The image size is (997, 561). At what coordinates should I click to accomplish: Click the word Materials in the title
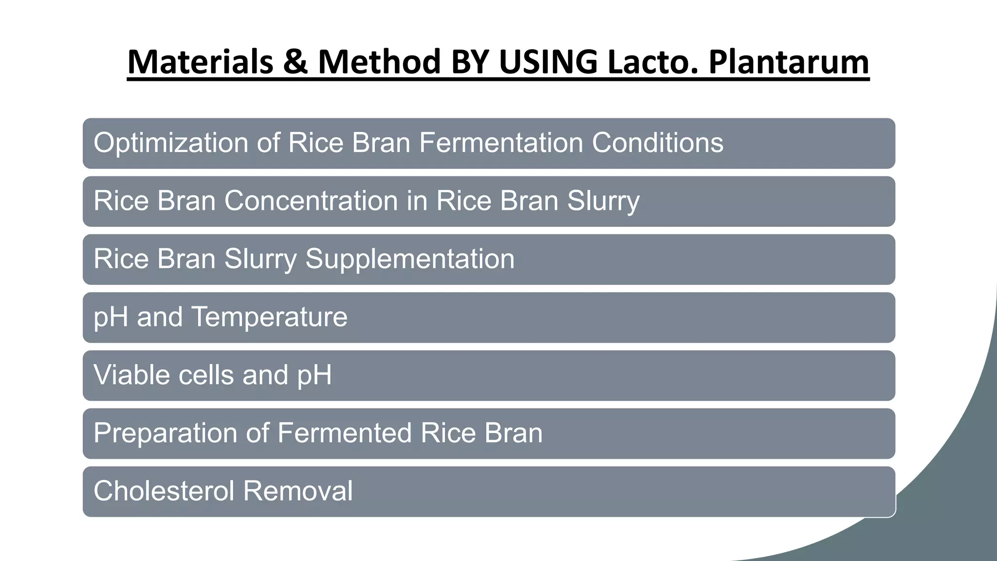[x=200, y=62]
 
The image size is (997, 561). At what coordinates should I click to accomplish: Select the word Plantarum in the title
[x=789, y=62]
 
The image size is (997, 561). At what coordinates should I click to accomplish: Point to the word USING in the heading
[x=548, y=62]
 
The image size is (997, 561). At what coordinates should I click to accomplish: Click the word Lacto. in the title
[x=653, y=62]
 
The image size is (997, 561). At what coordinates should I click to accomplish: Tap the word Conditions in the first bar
[x=657, y=143]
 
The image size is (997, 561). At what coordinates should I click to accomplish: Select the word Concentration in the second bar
[x=311, y=201]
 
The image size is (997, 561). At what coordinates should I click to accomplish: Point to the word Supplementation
[x=409, y=259]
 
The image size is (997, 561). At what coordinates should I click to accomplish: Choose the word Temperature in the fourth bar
[x=270, y=318]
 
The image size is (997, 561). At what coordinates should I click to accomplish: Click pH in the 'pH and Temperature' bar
[x=111, y=318]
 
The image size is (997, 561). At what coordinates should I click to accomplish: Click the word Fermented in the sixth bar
[x=344, y=433]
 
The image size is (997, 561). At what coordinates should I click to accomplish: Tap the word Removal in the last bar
[x=297, y=491]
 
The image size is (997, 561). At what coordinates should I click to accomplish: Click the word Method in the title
[x=379, y=62]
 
